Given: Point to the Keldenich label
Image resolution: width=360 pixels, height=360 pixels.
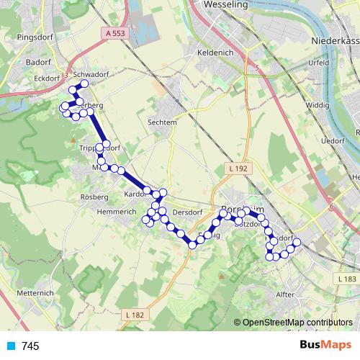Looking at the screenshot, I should tap(214, 53).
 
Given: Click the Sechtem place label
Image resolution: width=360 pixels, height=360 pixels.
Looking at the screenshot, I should tap(162, 122).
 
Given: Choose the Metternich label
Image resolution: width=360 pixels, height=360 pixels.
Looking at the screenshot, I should tap(36, 293).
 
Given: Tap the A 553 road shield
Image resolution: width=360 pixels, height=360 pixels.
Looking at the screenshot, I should tap(115, 33).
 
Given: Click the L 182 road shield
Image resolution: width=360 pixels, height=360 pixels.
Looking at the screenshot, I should tap(135, 315).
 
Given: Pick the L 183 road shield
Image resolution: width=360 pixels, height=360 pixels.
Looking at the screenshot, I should tap(347, 278).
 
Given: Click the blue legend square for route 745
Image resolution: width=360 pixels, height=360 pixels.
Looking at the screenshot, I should tap(10, 346).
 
